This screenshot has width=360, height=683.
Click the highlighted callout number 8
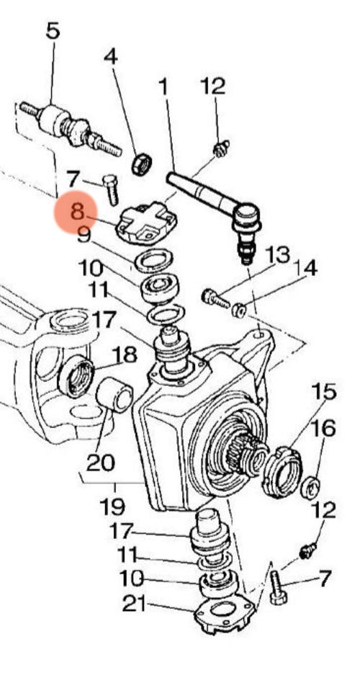tap(76, 213)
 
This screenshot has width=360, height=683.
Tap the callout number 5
tap(53, 31)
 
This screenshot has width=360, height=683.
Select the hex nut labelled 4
tap(142, 165)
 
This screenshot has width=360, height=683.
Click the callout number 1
tap(163, 87)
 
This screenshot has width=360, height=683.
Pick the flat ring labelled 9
tap(153, 261)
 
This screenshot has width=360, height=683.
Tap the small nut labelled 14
tap(239, 311)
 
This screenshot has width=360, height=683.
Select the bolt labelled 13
tap(215, 299)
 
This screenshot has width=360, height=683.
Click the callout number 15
tap(323, 392)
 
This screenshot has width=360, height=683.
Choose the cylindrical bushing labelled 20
tap(114, 396)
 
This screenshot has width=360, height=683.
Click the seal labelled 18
tap(76, 376)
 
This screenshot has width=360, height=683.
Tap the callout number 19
tap(112, 506)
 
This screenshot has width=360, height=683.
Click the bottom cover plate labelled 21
tap(224, 615)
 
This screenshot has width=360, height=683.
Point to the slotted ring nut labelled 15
tap(282, 472)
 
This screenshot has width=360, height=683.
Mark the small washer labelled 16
tap(311, 488)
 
